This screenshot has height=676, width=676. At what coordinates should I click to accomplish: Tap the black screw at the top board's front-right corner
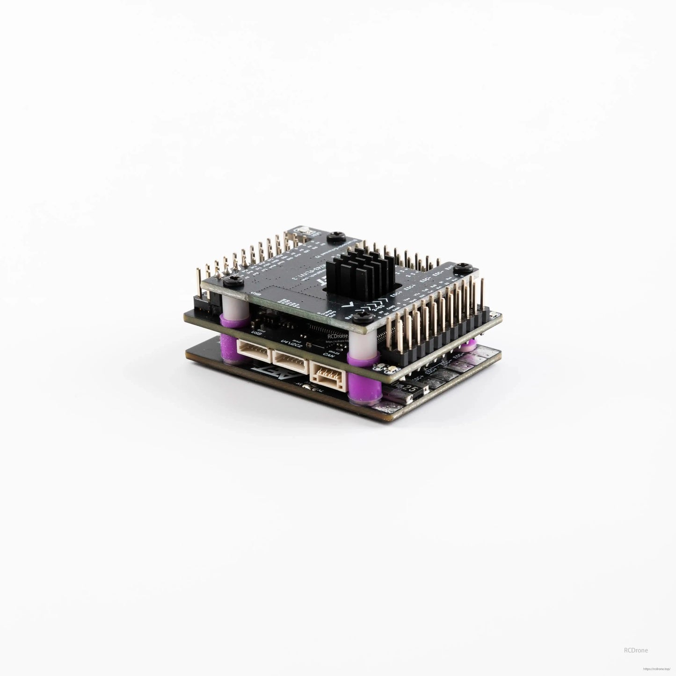coord(361,319)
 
